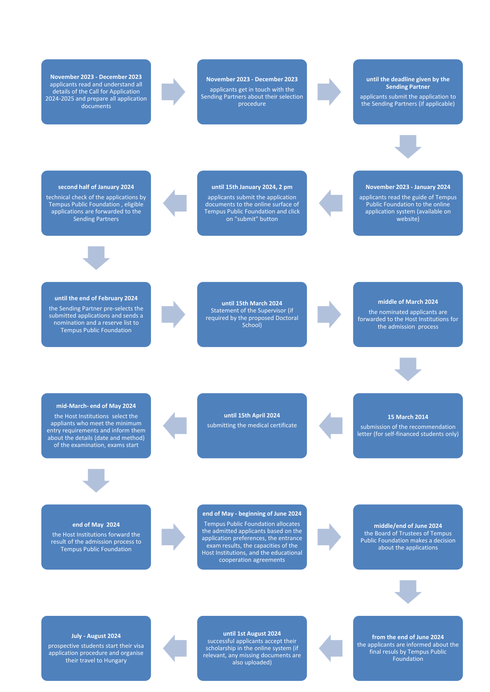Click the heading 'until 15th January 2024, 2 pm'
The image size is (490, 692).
tap(252, 187)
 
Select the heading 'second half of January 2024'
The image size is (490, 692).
tap(96, 187)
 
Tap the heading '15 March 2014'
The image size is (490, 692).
tap(407, 417)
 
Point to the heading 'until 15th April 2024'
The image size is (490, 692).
tap(252, 415)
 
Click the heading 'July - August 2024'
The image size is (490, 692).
tap(96, 636)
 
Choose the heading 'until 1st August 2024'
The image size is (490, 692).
tap(252, 634)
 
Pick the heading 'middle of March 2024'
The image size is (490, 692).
tap(407, 302)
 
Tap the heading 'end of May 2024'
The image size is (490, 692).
tap(96, 525)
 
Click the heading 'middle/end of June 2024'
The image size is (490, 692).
tap(407, 526)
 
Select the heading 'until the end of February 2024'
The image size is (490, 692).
tap(96, 298)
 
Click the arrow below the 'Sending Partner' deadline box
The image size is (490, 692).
tap(407, 146)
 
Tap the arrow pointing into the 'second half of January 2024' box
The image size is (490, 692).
tap(175, 203)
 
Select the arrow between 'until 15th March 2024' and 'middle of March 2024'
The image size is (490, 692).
tap(329, 314)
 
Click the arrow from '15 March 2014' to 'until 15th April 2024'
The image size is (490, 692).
tap(331, 426)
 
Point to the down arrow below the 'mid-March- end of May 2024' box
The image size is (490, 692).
tap(96, 480)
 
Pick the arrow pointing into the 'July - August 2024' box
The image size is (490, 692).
tap(175, 648)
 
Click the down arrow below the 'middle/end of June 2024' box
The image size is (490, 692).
tap(407, 591)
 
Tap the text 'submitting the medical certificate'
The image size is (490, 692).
tap(252, 425)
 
